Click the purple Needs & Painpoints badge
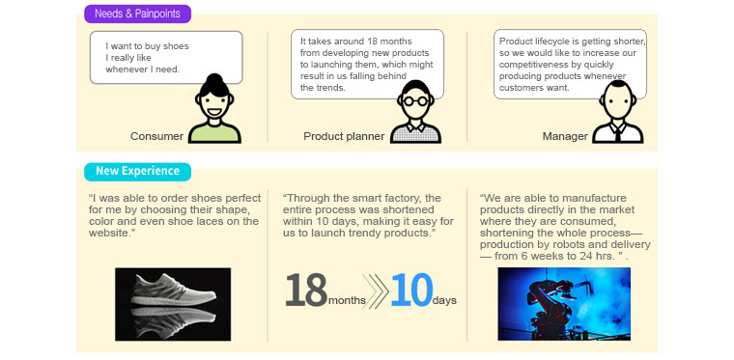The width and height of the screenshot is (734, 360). (x=137, y=14)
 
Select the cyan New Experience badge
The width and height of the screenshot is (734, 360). (x=137, y=171)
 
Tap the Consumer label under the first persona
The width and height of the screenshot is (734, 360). (x=156, y=136)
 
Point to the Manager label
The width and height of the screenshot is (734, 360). (x=565, y=136)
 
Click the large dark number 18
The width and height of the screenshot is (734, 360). (x=305, y=290)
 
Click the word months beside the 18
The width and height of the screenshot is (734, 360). (x=347, y=300)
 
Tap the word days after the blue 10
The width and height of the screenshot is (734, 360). (x=444, y=300)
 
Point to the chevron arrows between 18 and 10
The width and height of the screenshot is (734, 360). (x=378, y=291)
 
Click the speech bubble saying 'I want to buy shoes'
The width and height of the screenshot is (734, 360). (x=166, y=57)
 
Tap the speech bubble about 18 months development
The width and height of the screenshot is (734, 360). (x=367, y=64)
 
